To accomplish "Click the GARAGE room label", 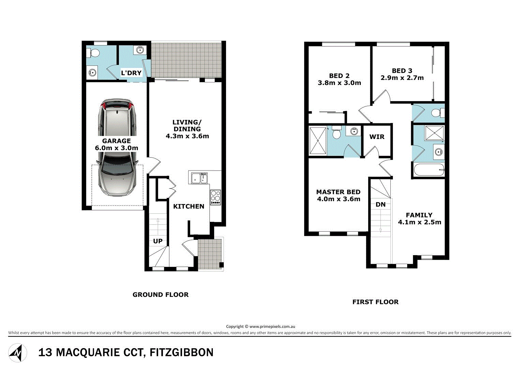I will point(116,141).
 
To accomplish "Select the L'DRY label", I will point(131,73).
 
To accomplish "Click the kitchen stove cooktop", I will point(215,197).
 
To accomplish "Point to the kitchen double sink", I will point(199,178).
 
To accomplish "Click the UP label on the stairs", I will point(158,241).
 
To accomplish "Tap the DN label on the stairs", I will point(381,204).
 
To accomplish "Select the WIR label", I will point(377,137).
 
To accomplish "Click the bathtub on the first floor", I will point(429,170).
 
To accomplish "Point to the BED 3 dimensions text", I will point(402,78).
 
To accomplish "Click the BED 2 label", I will point(339,76).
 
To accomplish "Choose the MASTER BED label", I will point(338,192).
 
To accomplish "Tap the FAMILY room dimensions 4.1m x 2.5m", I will point(419,222).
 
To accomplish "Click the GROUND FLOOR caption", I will point(160,295).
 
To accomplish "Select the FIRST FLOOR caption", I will point(375,302).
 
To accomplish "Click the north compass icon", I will point(18,352).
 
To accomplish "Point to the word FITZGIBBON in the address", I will point(182,352).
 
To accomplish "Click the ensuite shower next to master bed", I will point(317,140).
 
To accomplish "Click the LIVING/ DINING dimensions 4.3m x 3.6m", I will point(187,136).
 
